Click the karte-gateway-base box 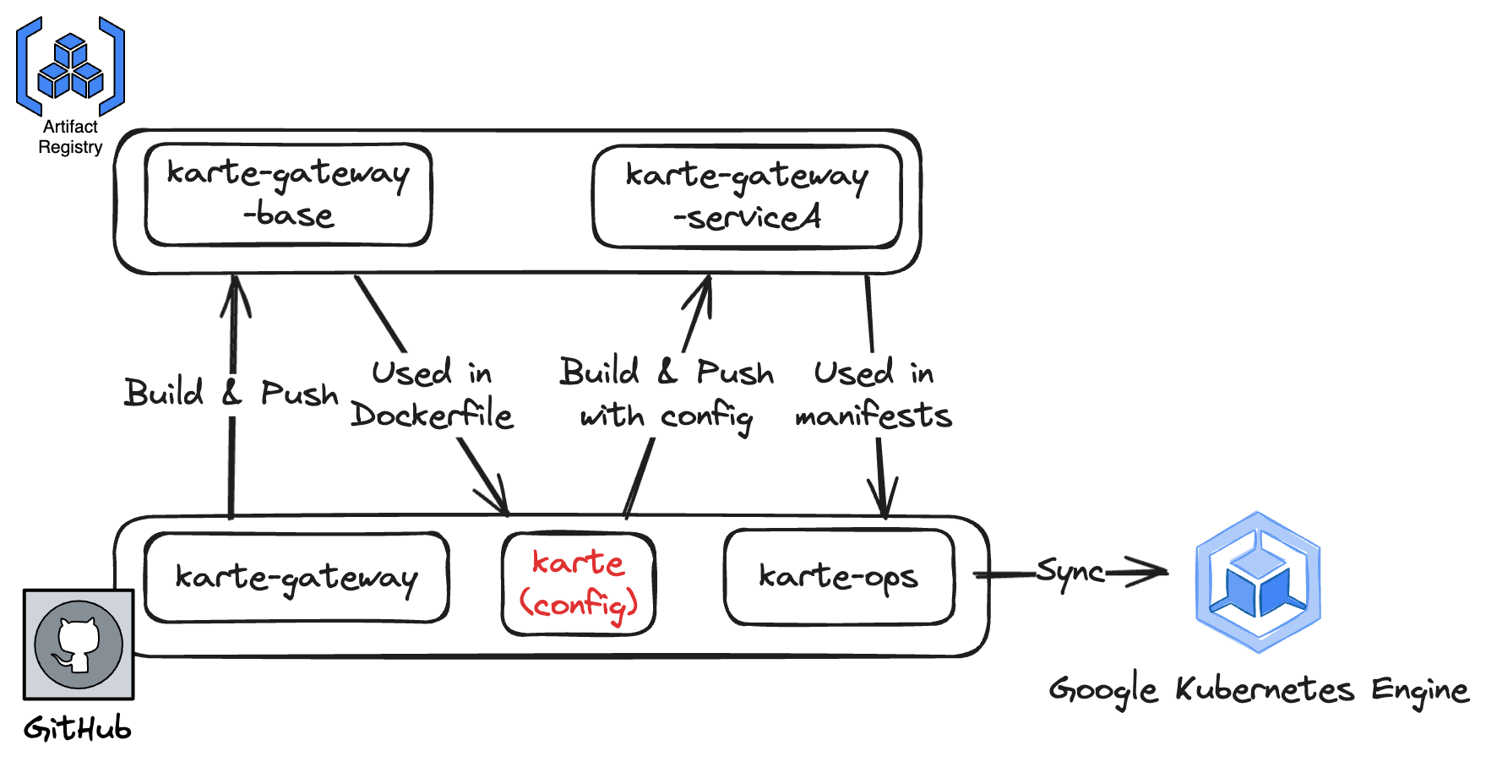coord(288,194)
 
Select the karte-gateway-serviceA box coord(747,197)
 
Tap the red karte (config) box coord(579,584)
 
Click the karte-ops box coord(838,577)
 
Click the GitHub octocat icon coord(79,645)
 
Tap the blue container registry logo coord(71,67)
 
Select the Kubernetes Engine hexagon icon coord(1258,582)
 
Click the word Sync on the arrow coord(1070,572)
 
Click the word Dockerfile coord(432,415)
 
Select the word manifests coord(874,416)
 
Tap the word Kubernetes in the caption coord(1265,689)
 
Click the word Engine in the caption coord(1419,691)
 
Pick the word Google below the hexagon coord(1102,691)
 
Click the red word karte coord(579,563)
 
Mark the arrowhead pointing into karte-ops coord(884,503)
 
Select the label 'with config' coord(666,416)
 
